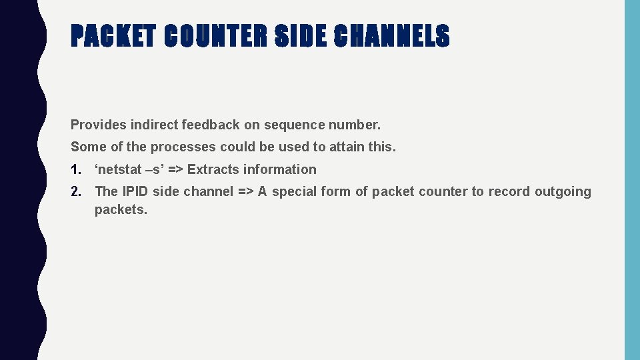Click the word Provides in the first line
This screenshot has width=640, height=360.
point(99,125)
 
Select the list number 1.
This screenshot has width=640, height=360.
point(75,169)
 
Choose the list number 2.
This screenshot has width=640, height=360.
point(76,191)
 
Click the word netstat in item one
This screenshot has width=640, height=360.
point(119,169)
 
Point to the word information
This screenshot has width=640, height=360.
point(280,169)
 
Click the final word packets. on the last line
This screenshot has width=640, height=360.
point(121,210)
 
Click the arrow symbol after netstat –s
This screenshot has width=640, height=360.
point(175,169)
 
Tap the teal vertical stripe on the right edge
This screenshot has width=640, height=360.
point(632,180)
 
